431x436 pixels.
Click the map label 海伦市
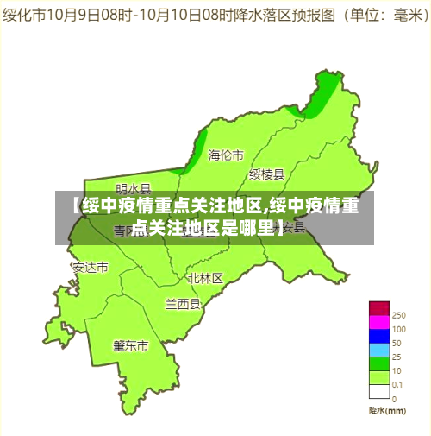coord(226,155)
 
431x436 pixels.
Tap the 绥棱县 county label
coord(266,174)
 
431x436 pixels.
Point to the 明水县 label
coord(134,188)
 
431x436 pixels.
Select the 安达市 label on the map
coord(91,267)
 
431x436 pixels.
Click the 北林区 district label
coord(205,278)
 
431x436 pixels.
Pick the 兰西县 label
coord(183,304)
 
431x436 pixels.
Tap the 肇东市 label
coord(131,345)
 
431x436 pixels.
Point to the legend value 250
coord(399,315)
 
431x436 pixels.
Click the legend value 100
coord(399,329)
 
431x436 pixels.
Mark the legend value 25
coord(397,357)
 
